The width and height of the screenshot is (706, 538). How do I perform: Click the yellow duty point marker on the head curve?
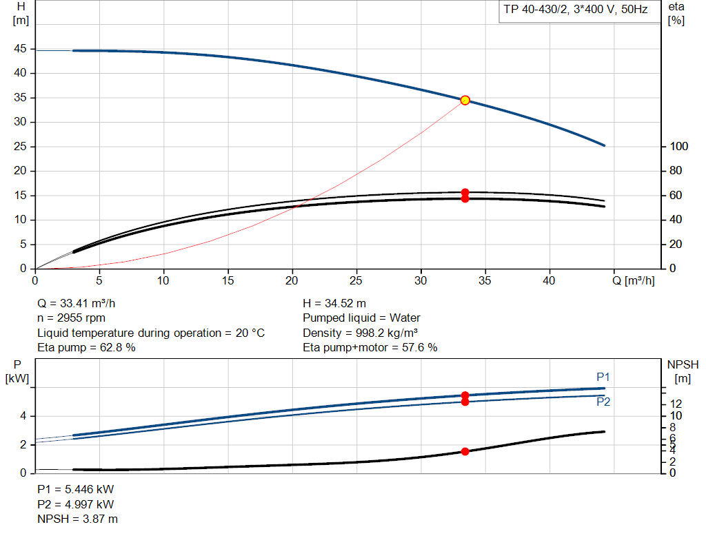465,100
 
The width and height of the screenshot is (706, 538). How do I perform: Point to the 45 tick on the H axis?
20,49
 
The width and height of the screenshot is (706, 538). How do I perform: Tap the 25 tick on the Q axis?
356,280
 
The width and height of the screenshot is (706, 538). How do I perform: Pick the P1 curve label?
603,377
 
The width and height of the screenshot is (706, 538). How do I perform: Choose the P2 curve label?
603,402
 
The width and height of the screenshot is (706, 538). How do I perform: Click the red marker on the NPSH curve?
465,451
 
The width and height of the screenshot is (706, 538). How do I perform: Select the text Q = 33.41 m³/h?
81,303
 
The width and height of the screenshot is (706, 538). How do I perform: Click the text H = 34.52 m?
334,303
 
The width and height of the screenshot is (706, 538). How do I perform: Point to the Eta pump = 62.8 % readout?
86,348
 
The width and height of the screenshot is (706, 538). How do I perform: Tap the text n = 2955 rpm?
71,318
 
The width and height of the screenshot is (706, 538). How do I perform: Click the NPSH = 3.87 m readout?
77,519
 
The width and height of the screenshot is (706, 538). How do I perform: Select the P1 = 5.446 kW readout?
76,489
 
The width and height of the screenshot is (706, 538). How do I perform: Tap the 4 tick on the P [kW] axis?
23,416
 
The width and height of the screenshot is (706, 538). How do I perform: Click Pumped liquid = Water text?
361,318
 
